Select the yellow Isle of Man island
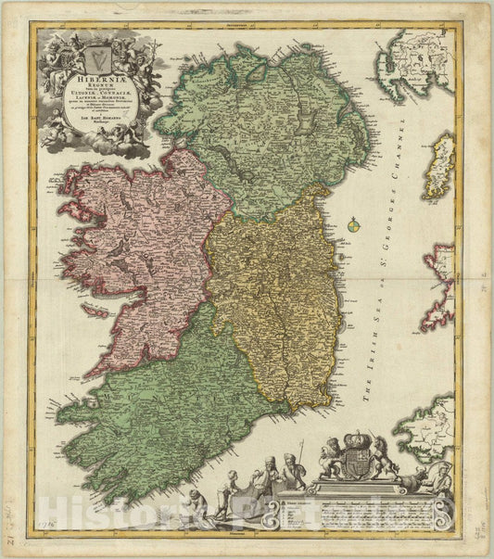[x=439, y=166]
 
